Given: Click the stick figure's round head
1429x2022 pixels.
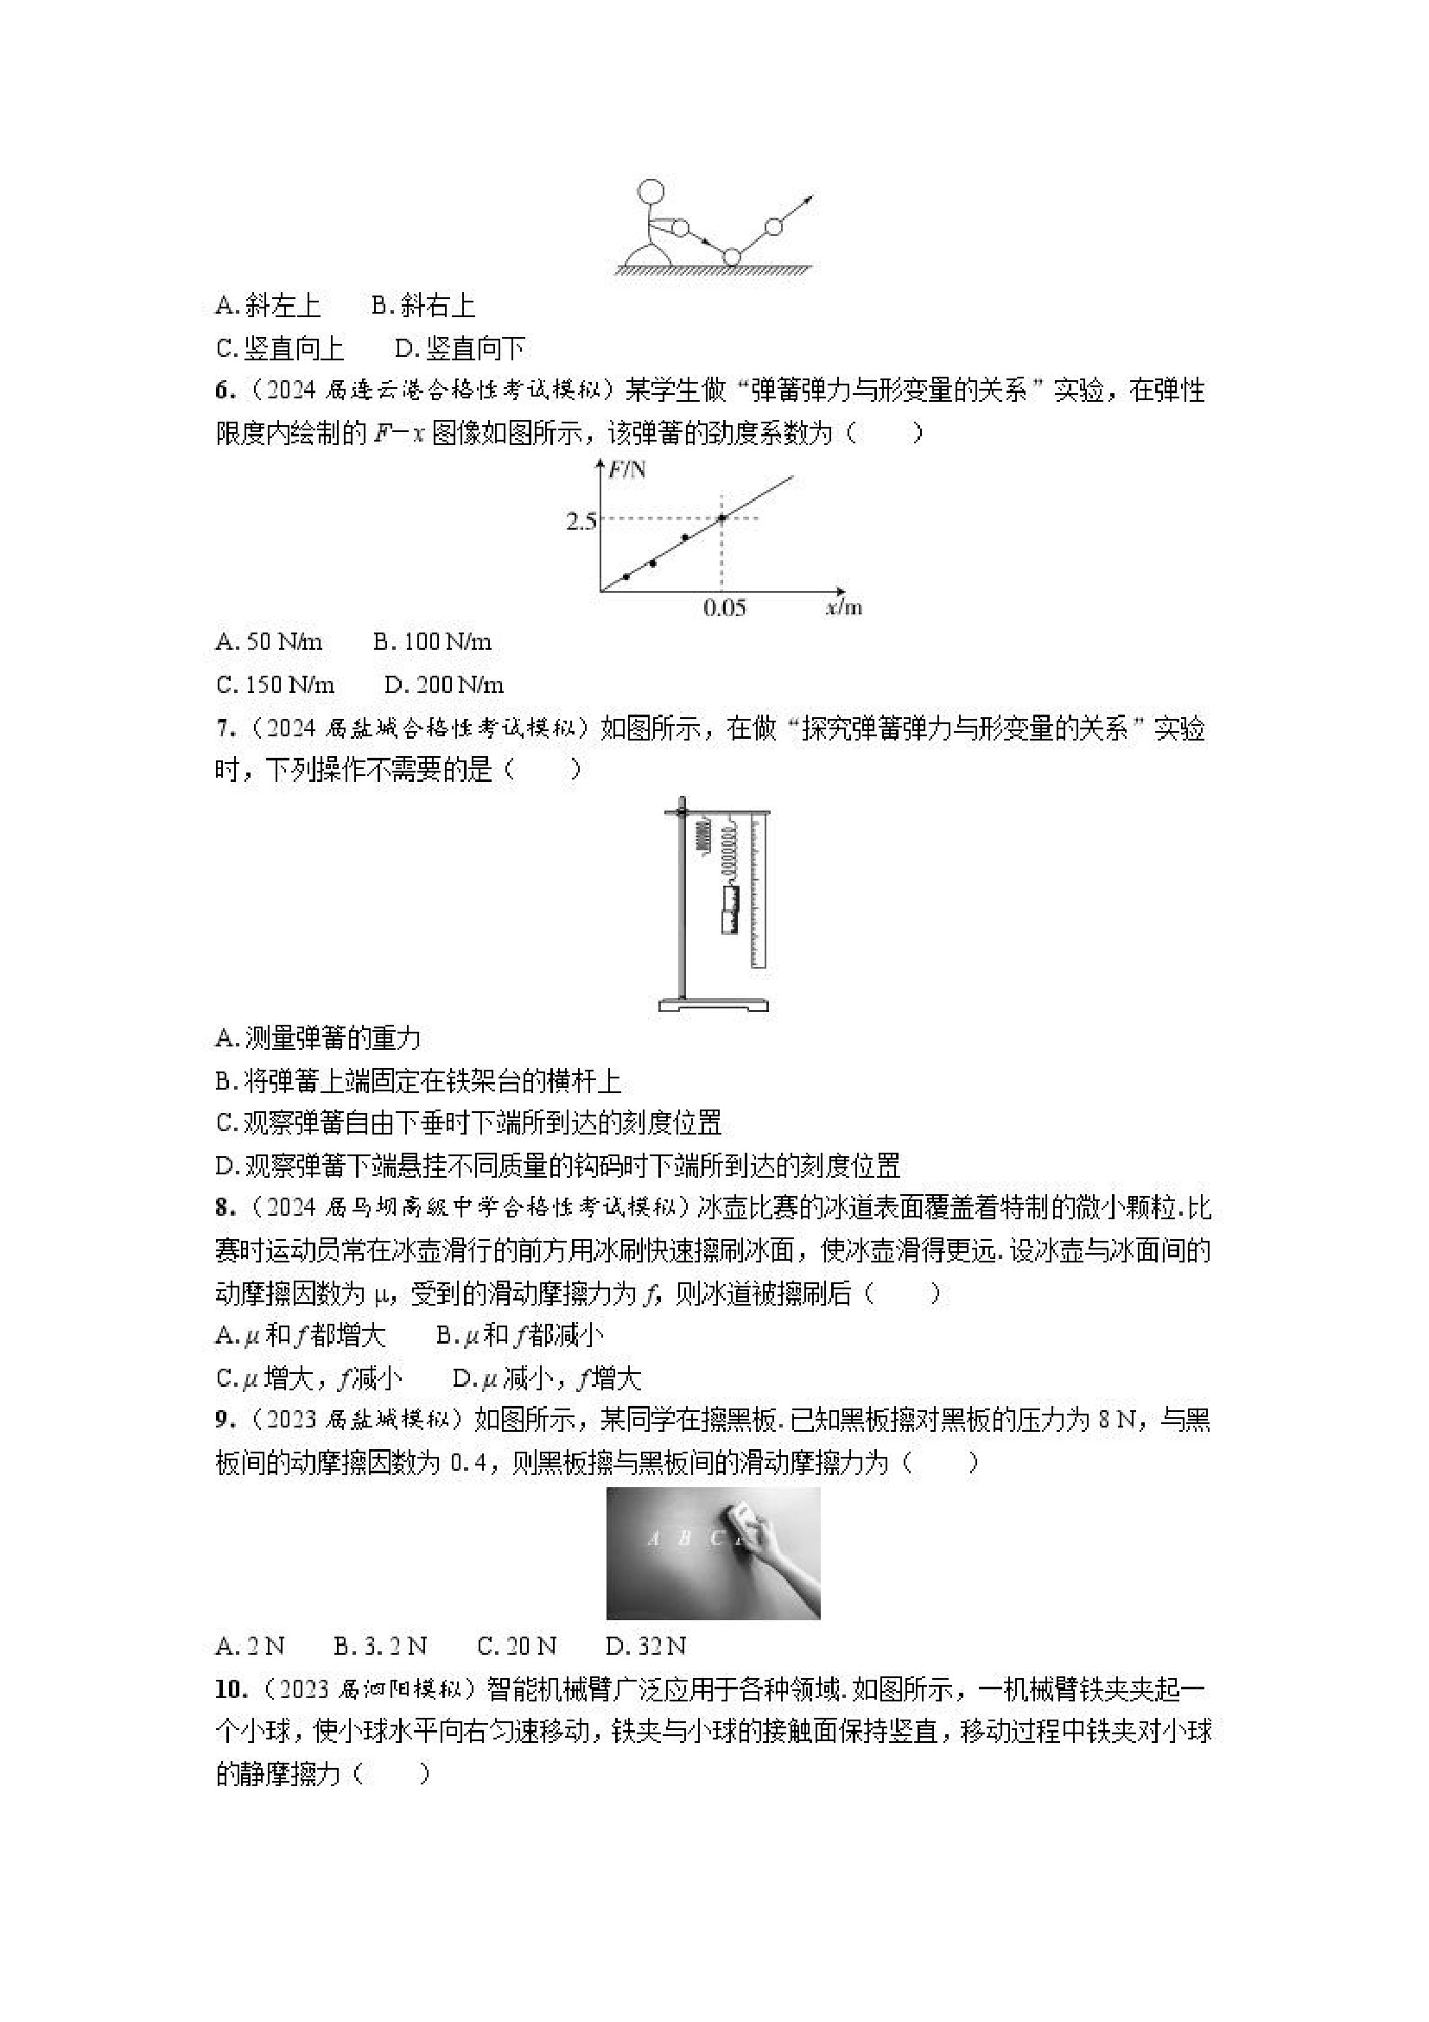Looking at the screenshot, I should tap(651, 191).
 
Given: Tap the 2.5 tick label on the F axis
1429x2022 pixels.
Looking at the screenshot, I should tap(581, 520).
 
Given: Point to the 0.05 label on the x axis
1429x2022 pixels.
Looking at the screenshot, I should tap(724, 607).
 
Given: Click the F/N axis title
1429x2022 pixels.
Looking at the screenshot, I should tap(627, 469).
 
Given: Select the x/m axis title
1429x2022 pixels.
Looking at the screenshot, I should tap(843, 607).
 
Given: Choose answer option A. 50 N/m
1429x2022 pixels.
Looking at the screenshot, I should tap(269, 642).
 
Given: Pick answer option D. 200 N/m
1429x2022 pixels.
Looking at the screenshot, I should tap(445, 684).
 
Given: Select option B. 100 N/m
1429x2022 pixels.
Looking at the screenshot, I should tap(432, 642).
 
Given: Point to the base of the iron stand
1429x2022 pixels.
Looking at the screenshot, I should tap(713, 1005).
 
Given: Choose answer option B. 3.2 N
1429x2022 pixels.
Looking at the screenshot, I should tap(380, 1646).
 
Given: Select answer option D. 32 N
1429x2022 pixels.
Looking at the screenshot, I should tap(645, 1646).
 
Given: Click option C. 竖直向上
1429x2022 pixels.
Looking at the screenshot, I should tap(279, 349).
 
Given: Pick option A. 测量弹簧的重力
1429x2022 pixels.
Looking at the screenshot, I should tap(318, 1039).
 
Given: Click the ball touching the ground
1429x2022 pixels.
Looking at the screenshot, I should tap(732, 258).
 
